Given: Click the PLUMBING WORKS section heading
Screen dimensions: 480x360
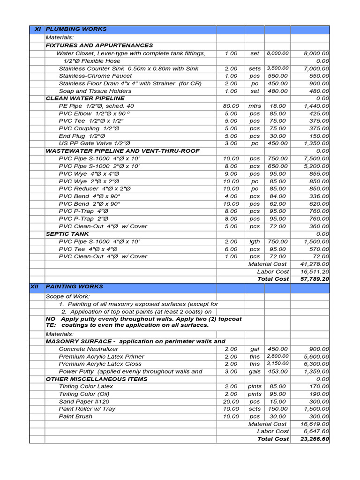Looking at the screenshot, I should coord(76,29).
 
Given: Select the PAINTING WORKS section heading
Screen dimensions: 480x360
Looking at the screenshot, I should coord(74,286).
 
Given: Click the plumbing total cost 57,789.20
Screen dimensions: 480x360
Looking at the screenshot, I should coord(314,279).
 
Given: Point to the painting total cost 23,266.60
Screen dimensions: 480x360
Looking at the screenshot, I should coord(314,439).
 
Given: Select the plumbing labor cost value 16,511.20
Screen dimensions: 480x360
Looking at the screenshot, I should coord(315,271).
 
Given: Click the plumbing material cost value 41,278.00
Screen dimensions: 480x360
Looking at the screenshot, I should coord(315,264).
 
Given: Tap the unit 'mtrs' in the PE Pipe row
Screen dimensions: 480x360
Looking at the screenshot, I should coord(255,106).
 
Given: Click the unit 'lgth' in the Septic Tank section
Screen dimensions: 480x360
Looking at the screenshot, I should coord(255,241).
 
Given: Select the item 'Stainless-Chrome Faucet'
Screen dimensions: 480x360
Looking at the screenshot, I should coord(95,76).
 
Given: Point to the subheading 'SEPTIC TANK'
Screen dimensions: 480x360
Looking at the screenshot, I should coord(65,233).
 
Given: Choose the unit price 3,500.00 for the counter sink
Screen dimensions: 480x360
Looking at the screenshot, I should coord(277,68).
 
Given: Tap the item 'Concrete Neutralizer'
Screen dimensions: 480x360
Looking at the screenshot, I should coord(89,349).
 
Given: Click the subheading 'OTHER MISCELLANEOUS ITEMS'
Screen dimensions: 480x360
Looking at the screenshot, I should coord(97,379).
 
